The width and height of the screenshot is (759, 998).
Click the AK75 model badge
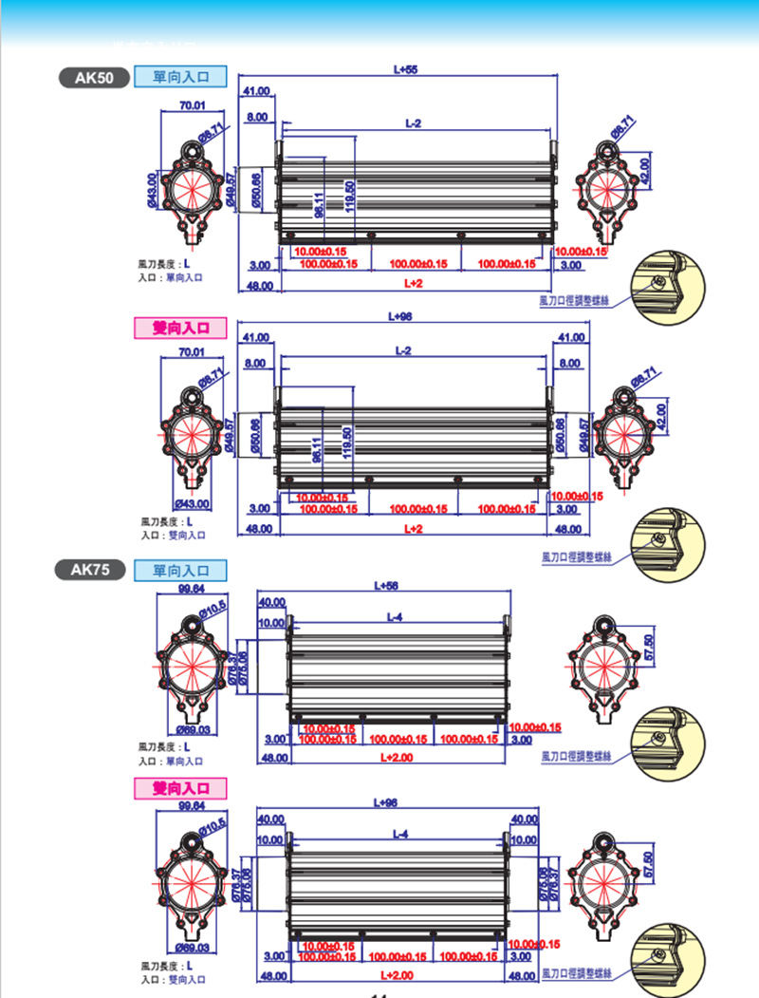click(x=91, y=570)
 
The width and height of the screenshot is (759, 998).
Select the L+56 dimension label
click(x=387, y=586)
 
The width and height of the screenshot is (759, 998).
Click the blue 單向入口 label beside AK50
click(x=180, y=77)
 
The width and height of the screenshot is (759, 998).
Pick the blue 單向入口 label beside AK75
click(x=180, y=570)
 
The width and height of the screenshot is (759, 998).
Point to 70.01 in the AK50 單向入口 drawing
click(x=193, y=105)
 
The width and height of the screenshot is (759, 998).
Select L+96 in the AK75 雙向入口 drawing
click(x=386, y=803)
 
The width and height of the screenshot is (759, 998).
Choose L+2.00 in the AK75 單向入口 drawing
click(x=398, y=758)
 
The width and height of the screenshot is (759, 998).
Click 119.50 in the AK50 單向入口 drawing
click(x=350, y=198)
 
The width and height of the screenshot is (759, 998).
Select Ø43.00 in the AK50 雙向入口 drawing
click(x=193, y=503)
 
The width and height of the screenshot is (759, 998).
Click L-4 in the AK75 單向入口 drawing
click(x=396, y=617)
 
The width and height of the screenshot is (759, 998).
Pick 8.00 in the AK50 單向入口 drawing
click(x=256, y=117)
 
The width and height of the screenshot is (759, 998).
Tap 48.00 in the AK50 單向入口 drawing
click(x=259, y=285)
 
